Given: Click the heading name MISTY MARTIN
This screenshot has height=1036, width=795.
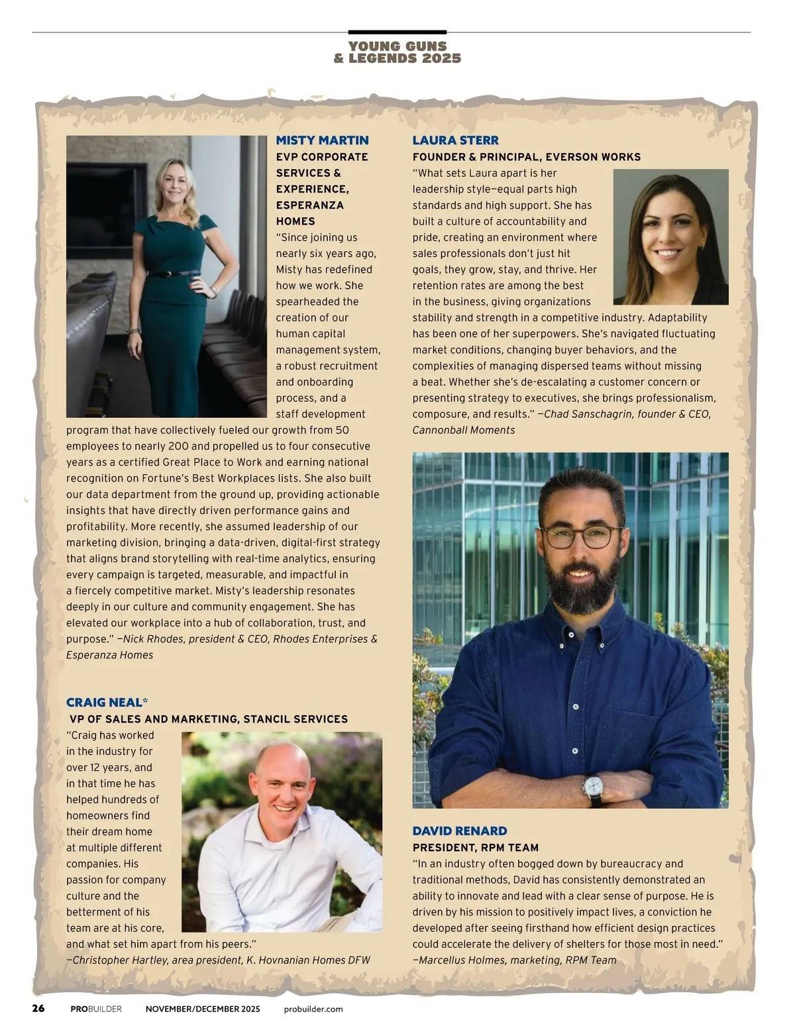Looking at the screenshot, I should (322, 140).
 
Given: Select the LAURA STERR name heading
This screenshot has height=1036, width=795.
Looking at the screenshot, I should (455, 140).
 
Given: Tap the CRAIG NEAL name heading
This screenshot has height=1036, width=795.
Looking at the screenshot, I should (104, 703).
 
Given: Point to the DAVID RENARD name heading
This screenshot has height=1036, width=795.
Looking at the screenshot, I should (459, 831).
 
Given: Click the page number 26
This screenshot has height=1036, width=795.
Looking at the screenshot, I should (38, 1009).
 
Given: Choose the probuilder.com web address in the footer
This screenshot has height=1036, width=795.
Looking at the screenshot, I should (313, 1010).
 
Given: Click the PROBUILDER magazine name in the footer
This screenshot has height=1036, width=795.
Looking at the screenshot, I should (96, 1010).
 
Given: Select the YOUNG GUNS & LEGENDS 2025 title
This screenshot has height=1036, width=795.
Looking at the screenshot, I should (397, 52).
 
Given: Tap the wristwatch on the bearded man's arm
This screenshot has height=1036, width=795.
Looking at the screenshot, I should (593, 786).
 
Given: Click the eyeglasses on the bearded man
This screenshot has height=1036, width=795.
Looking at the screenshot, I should (581, 536).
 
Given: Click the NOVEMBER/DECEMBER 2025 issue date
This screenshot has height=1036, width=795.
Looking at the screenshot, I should (203, 1010).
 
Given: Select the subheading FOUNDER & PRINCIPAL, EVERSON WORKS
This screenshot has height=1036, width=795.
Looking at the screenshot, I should (526, 157).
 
